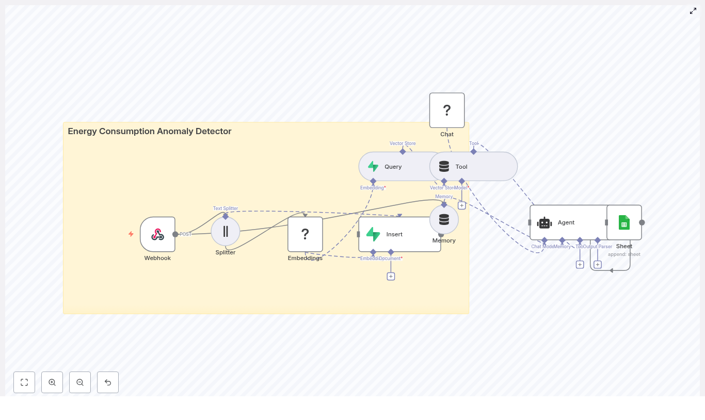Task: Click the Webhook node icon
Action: point(157,234)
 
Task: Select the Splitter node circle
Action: point(226,231)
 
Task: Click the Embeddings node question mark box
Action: point(305,234)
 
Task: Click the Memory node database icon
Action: point(444,220)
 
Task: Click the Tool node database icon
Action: point(444,167)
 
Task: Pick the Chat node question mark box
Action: point(447,110)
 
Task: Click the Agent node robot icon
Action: point(544,222)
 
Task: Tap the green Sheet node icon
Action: point(624,222)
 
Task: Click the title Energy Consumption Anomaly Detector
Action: point(150,131)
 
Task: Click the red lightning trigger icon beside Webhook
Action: point(131,234)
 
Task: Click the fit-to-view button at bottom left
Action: point(24,382)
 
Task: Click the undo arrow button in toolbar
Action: point(108,382)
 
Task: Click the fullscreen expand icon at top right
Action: point(693,11)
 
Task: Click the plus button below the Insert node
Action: point(391,277)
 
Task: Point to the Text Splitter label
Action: point(226,208)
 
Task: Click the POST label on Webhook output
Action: point(185,234)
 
